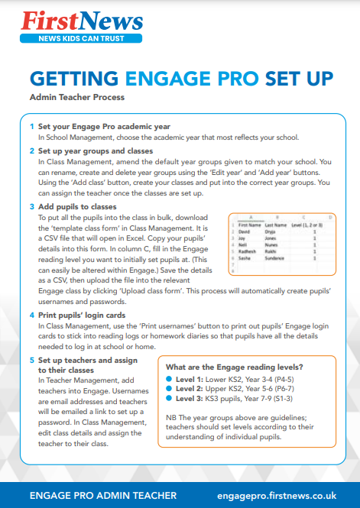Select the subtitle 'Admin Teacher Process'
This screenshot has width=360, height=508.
[x=76, y=98]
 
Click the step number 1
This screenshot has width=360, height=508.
[x=31, y=126]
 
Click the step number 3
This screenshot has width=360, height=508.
[x=31, y=206]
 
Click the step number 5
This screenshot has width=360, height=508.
[x=31, y=359]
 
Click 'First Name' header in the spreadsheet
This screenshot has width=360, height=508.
[x=250, y=226]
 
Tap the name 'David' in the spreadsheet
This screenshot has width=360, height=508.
[x=245, y=232]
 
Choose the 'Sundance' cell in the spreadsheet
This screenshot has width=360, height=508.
[x=276, y=259]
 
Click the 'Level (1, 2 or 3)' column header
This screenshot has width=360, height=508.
[x=308, y=226]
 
